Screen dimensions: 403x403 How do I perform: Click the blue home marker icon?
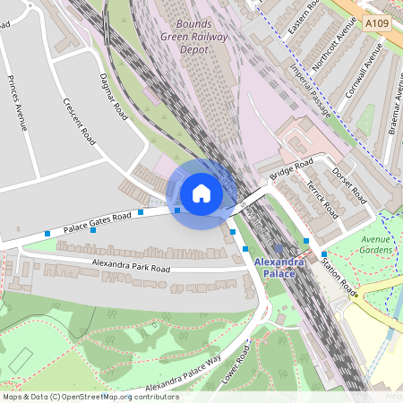[x=201, y=193]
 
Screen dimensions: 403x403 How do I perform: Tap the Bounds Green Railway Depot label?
[x=195, y=37]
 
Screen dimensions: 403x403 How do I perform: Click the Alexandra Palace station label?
[x=279, y=267]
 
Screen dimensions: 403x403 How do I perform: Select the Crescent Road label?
[x=80, y=123]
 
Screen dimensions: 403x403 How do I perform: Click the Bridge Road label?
[x=292, y=167]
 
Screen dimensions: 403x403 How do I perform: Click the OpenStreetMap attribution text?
[x=90, y=397]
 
